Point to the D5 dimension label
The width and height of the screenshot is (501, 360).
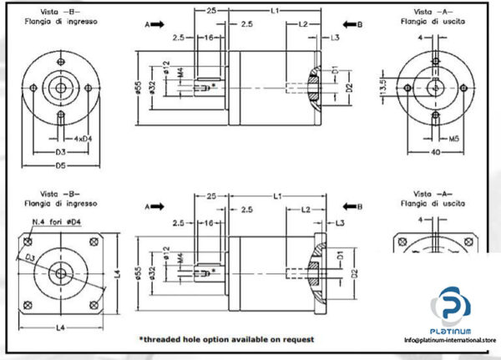tap(60, 165)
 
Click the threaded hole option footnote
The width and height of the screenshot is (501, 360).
tap(225, 339)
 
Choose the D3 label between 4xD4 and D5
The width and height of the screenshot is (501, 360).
tap(60, 152)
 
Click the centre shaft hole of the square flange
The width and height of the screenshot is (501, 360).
tap(60, 271)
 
